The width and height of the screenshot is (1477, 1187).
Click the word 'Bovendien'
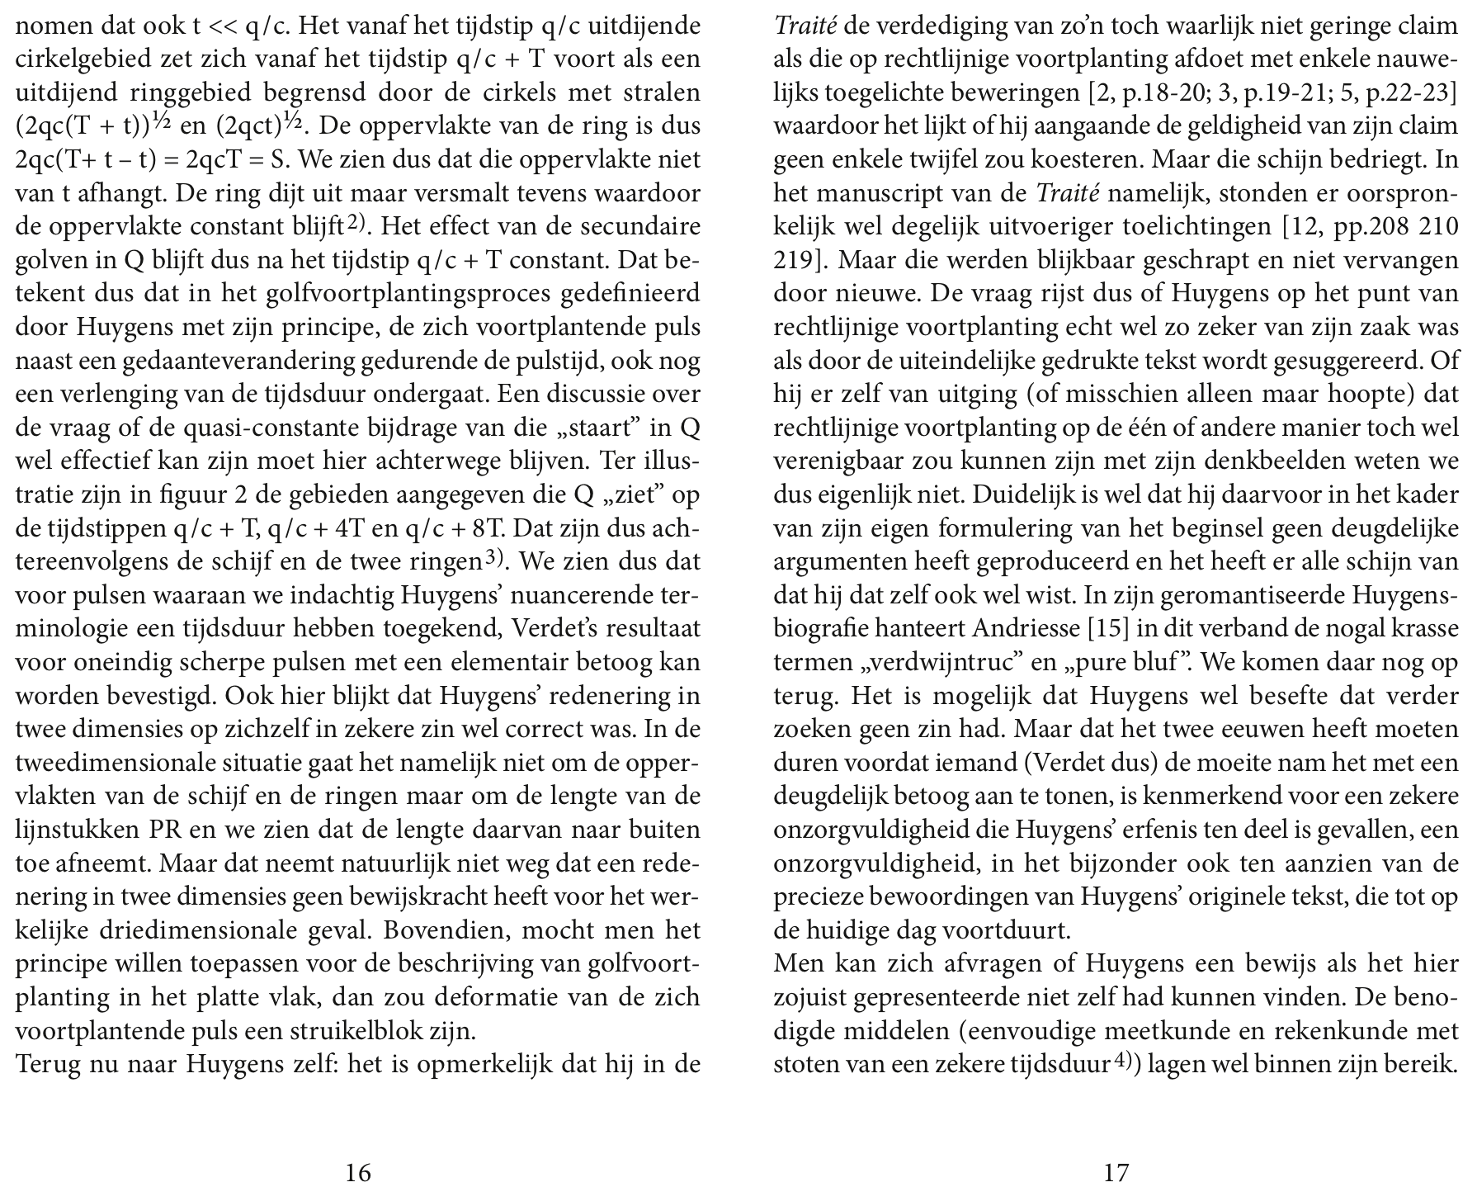(440, 931)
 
